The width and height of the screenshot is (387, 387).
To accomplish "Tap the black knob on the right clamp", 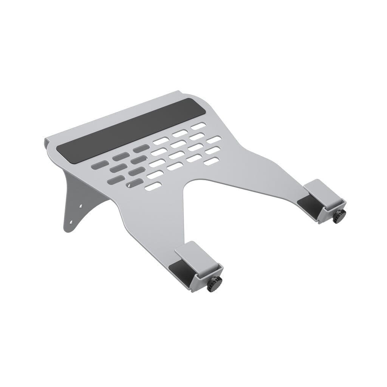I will click(x=339, y=217).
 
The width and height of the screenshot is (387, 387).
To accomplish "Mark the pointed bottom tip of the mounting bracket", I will click(x=66, y=229).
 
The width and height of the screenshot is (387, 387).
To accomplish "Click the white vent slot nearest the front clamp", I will click(x=153, y=186).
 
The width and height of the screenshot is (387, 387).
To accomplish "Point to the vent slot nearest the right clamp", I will click(x=211, y=161).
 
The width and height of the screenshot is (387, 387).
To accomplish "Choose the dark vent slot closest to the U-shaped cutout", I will click(x=135, y=183).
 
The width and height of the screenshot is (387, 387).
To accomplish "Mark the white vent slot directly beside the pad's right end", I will click(x=198, y=126).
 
